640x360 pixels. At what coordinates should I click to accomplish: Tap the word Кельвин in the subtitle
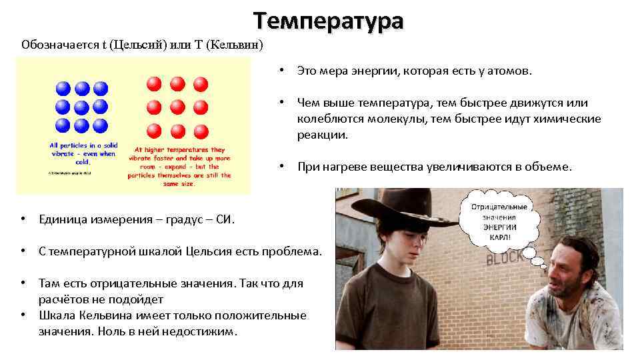click(x=234, y=45)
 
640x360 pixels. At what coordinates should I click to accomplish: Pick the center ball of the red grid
click(x=177, y=107)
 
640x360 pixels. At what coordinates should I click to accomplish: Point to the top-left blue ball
click(x=63, y=88)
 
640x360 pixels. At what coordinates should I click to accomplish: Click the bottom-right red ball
click(x=200, y=130)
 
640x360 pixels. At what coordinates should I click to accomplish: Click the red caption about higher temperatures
click(x=181, y=162)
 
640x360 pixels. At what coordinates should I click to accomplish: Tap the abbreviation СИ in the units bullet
click(x=223, y=219)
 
